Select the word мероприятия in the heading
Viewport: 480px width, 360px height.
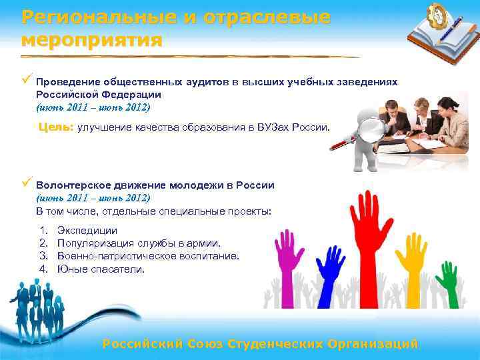coord(91,39)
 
